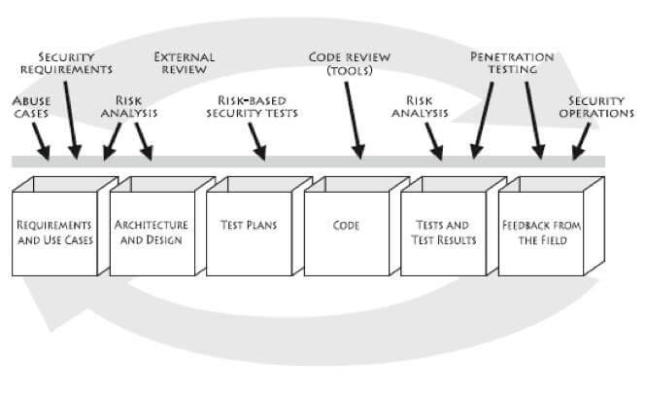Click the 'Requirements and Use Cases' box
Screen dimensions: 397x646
(55, 233)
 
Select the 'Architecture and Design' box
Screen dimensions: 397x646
(151, 233)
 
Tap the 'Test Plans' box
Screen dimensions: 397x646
(248, 226)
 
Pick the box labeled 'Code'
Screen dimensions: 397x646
(346, 226)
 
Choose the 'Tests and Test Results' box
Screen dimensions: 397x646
(443, 233)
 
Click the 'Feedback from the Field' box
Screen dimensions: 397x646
(541, 233)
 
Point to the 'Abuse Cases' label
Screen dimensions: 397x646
(32, 107)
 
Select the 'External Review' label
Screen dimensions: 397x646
(185, 63)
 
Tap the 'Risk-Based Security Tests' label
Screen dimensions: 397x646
(257, 106)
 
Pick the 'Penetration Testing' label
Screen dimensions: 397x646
(512, 63)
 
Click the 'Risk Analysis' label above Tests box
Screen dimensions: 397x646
(420, 106)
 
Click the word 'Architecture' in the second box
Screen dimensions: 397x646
(151, 225)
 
